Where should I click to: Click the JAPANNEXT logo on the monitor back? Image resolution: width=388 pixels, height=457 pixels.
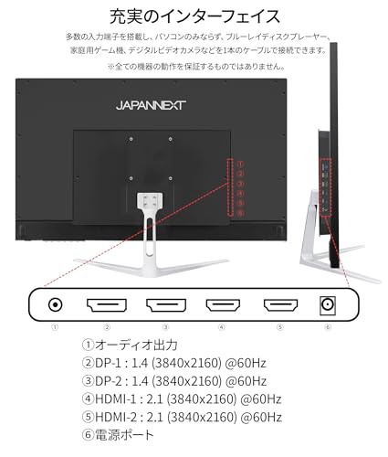(x=151, y=105)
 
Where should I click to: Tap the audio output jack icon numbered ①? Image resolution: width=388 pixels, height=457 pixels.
(x=55, y=304)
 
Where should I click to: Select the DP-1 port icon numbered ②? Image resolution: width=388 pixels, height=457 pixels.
(x=107, y=305)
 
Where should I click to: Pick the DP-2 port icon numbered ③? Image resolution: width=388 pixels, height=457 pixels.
(x=166, y=305)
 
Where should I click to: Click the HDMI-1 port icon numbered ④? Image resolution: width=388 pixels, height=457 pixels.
(x=223, y=305)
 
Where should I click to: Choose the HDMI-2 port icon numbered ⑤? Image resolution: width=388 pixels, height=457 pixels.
(x=280, y=305)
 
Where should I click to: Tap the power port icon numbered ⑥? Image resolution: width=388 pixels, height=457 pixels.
(x=328, y=305)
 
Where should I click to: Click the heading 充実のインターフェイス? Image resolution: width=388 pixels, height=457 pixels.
(x=194, y=16)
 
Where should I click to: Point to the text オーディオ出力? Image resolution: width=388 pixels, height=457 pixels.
(x=136, y=345)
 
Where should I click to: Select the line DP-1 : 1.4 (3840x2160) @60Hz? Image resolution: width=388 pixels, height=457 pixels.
(x=181, y=363)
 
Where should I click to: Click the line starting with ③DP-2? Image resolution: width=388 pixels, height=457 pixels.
(x=174, y=381)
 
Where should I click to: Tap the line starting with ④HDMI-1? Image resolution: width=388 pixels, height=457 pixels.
(x=182, y=399)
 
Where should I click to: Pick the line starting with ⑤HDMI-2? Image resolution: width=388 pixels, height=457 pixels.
(x=182, y=417)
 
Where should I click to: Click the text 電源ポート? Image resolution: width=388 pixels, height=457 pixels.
(x=124, y=435)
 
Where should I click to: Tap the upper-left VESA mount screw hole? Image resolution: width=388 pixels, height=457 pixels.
(x=131, y=139)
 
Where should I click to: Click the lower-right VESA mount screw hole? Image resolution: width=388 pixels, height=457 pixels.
(x=171, y=178)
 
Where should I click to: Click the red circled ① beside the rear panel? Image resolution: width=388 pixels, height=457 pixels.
(x=241, y=165)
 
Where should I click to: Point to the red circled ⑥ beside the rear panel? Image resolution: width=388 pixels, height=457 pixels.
(x=241, y=213)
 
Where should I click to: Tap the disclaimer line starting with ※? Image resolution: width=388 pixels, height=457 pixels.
(x=196, y=66)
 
